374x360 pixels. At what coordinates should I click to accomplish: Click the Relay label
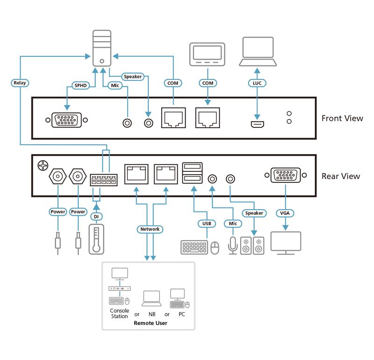click(20, 83)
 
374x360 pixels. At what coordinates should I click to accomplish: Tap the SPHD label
click(79, 85)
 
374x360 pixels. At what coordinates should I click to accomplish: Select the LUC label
click(257, 83)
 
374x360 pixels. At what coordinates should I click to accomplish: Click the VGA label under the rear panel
click(285, 212)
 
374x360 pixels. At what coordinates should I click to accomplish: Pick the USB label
click(206, 223)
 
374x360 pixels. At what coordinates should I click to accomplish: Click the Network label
click(150, 229)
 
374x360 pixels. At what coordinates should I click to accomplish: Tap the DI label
click(96, 216)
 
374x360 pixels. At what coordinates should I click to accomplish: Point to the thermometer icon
click(96, 239)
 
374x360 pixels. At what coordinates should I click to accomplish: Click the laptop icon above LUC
click(257, 52)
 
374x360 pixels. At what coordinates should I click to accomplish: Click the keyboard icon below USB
click(194, 247)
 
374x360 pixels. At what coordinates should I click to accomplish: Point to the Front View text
click(342, 118)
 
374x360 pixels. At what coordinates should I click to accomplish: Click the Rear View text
click(341, 176)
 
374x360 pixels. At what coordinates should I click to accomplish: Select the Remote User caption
click(150, 323)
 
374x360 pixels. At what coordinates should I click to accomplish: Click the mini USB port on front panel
click(257, 124)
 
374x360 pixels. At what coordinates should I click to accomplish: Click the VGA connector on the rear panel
click(285, 176)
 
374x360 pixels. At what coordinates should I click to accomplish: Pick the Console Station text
click(119, 313)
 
